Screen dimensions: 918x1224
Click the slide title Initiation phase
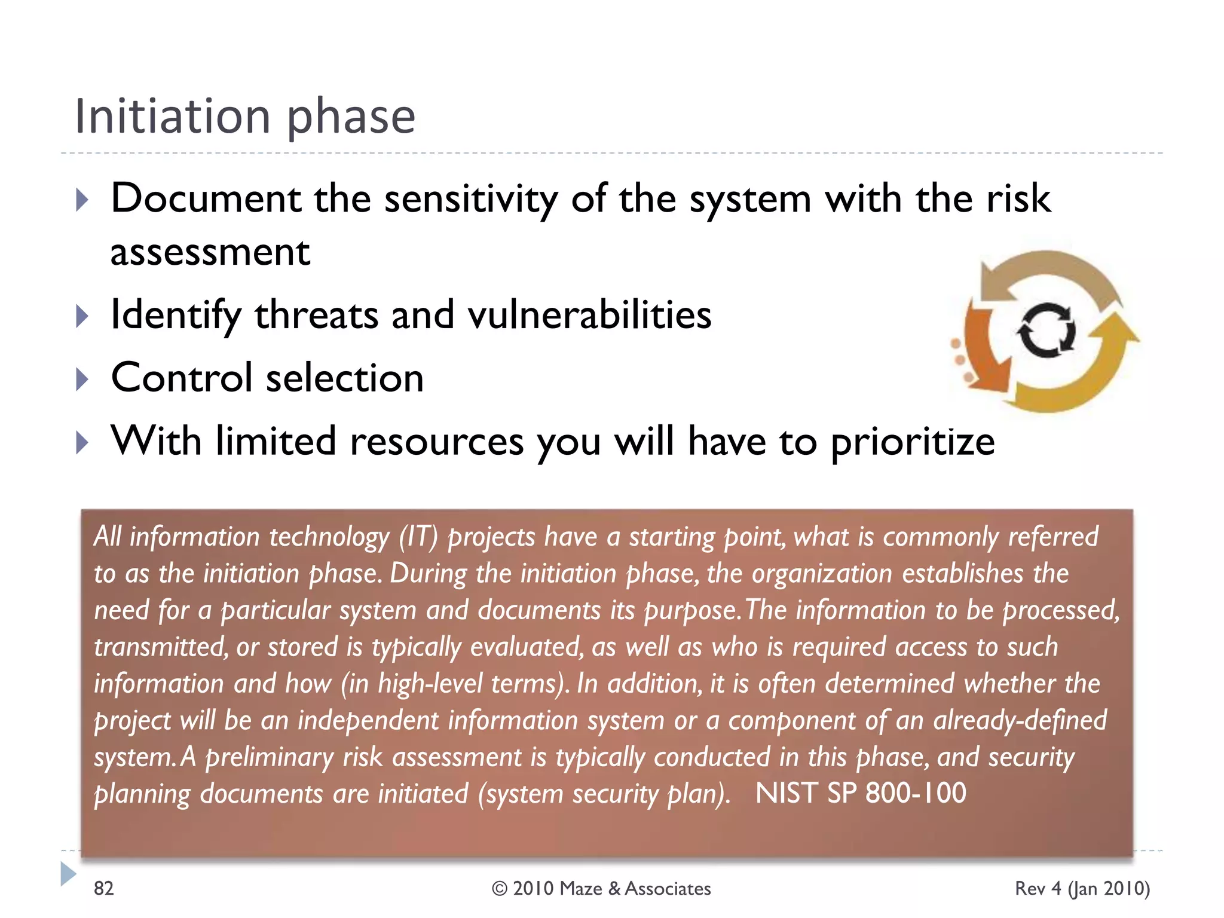click(x=245, y=117)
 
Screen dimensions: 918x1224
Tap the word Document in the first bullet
click(x=206, y=198)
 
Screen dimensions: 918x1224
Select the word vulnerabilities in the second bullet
click(x=589, y=315)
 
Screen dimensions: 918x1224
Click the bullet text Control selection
click(x=267, y=378)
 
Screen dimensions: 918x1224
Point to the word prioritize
click(x=913, y=442)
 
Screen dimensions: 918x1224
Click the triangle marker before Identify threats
click(x=82, y=316)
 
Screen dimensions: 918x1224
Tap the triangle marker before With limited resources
click(x=82, y=443)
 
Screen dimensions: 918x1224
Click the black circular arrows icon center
click(x=1046, y=331)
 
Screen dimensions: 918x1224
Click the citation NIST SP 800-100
click(x=861, y=794)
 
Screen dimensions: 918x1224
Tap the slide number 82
click(x=104, y=889)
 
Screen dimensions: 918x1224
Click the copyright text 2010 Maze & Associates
click(x=601, y=889)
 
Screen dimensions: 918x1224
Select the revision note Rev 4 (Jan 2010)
click(x=1082, y=889)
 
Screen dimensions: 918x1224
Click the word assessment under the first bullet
click(x=210, y=252)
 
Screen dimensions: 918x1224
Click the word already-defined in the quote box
click(x=1020, y=720)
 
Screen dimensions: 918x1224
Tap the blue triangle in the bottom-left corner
click(x=68, y=874)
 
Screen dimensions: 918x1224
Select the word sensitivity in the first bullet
click(x=470, y=198)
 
